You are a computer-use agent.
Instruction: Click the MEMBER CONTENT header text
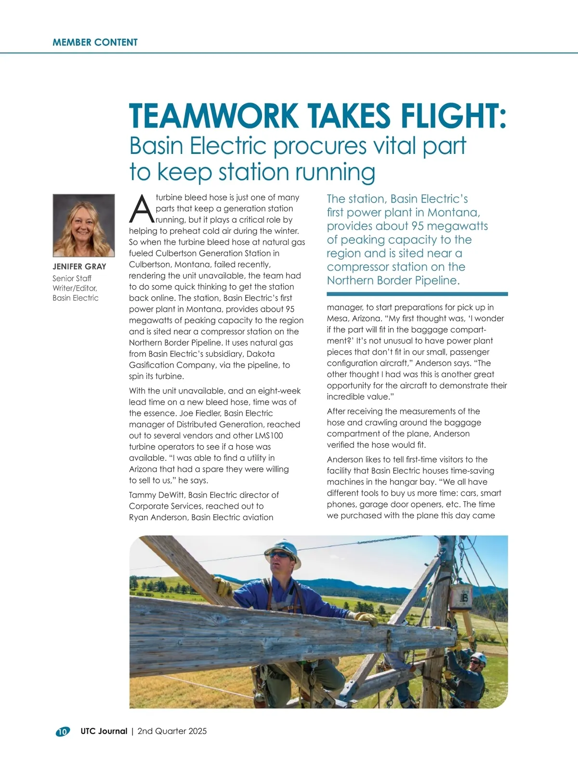tap(95, 42)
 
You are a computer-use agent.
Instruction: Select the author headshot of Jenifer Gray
tap(83, 225)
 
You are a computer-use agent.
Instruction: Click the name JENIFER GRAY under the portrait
tap(79, 266)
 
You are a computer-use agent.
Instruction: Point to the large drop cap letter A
tap(142, 209)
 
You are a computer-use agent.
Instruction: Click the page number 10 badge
tap(62, 732)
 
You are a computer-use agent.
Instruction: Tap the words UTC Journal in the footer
tap(104, 731)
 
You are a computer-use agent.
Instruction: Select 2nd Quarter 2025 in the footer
tap(172, 731)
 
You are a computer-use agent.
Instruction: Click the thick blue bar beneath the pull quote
tap(417, 293)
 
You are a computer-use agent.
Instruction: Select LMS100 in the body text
tap(269, 435)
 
